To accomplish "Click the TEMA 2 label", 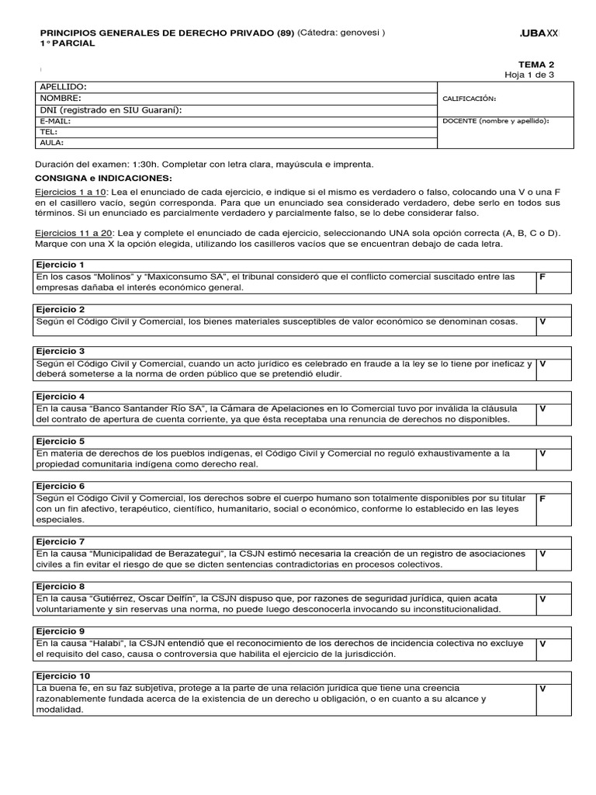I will coord(536,64).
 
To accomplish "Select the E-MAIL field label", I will coord(55,121).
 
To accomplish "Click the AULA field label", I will coord(52,143).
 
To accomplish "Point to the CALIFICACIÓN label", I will coord(469,99).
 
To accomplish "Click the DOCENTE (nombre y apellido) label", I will coord(495,121).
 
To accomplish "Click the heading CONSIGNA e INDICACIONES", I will coord(102,178).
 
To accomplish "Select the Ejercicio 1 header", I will coord(61,265).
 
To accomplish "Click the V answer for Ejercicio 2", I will coord(542,321).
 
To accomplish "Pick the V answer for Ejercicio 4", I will coord(542,408).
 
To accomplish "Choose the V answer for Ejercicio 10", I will coord(542,689).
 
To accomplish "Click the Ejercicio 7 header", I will coord(61,541).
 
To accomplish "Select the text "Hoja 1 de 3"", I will coord(529,75).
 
